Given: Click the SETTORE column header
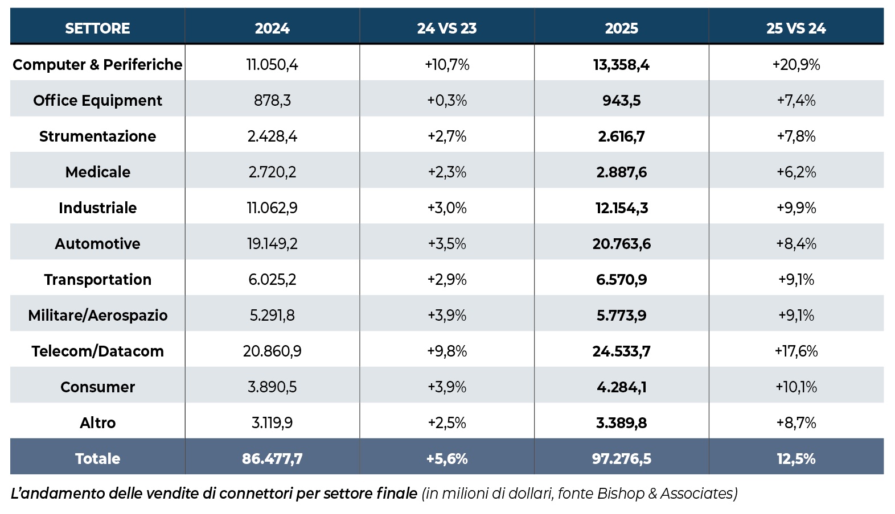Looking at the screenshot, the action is pyautogui.click(x=97, y=28).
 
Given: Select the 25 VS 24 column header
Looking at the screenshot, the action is pyautogui.click(x=796, y=28).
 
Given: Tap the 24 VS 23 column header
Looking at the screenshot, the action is pyautogui.click(x=447, y=28).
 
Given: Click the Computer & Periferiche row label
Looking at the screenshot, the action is pyautogui.click(x=97, y=65).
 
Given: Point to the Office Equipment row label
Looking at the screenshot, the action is pyautogui.click(x=97, y=101).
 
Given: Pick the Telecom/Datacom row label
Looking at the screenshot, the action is pyautogui.click(x=97, y=351).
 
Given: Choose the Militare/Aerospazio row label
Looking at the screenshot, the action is pyautogui.click(x=97, y=315).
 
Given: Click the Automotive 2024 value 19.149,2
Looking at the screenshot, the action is pyautogui.click(x=272, y=244).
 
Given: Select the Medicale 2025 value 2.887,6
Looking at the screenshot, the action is pyautogui.click(x=621, y=172).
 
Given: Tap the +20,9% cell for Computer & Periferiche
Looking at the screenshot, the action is pyautogui.click(x=796, y=65).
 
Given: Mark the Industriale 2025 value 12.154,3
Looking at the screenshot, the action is pyautogui.click(x=621, y=208).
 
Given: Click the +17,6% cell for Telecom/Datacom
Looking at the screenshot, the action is pyautogui.click(x=796, y=351).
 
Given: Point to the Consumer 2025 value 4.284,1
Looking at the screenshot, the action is pyautogui.click(x=621, y=387).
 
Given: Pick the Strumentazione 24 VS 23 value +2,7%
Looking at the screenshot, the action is pyautogui.click(x=447, y=136).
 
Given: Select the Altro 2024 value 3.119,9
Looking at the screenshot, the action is pyautogui.click(x=272, y=422).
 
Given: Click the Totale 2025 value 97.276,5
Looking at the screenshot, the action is pyautogui.click(x=621, y=459).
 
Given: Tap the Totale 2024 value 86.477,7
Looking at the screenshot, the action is pyautogui.click(x=272, y=459).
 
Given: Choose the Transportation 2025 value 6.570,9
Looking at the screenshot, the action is pyautogui.click(x=621, y=280).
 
